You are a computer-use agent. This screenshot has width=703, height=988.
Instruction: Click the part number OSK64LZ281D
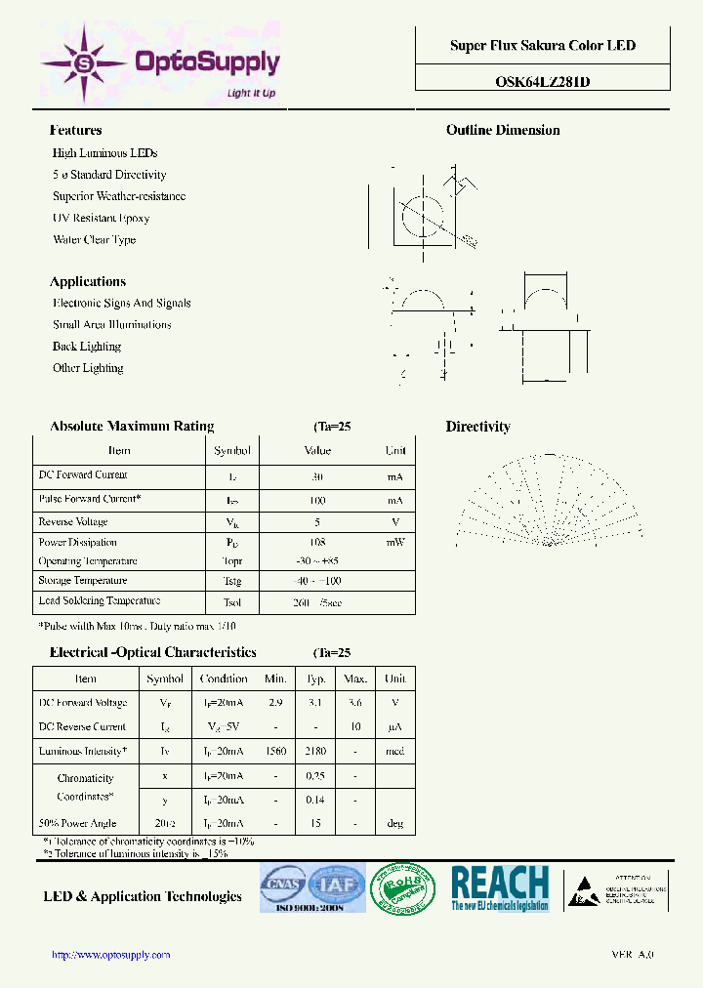[542, 82]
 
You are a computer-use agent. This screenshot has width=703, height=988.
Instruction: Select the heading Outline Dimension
[503, 130]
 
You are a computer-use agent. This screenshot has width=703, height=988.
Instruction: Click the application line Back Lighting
[87, 347]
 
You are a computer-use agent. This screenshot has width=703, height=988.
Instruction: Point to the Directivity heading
[477, 427]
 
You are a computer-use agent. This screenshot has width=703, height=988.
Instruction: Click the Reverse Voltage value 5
[317, 521]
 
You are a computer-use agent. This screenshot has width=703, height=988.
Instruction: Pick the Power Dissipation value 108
[317, 542]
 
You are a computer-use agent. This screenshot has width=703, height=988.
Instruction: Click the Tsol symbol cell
[231, 602]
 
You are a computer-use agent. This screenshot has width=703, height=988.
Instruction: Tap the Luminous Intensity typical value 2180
[315, 751]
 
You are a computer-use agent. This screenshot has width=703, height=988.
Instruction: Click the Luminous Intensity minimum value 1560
[275, 751]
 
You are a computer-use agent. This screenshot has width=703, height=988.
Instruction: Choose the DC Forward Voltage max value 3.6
[355, 702]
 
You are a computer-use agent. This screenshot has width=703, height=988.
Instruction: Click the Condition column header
[224, 679]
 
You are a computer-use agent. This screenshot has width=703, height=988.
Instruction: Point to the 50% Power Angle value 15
[315, 823]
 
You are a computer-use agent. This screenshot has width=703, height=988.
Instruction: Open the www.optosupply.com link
[110, 955]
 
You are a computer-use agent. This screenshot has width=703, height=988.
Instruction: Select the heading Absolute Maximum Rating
[132, 427]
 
